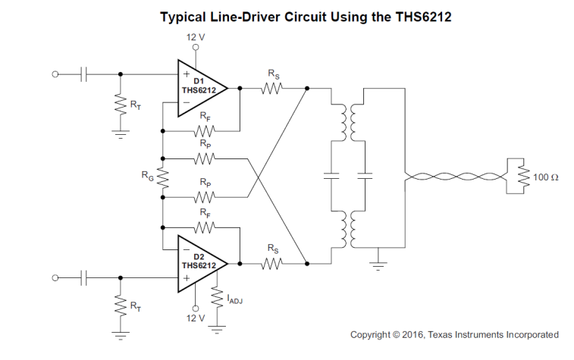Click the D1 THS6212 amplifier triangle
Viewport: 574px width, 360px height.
(202, 88)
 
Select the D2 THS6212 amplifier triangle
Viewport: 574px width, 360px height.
(202, 264)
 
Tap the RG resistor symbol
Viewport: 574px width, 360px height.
(163, 178)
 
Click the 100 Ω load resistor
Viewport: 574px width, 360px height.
(523, 177)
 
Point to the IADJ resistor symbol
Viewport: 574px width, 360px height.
(217, 297)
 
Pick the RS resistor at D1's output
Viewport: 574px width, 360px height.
(271, 88)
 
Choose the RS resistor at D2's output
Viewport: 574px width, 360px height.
(271, 264)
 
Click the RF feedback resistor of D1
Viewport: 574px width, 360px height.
(205, 130)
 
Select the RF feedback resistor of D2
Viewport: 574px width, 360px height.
(205, 227)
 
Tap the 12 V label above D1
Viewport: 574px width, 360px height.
(196, 37)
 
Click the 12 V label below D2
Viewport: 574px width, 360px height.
(196, 318)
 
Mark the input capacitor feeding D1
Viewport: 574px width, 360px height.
(83, 74)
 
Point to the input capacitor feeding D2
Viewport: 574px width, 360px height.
(83, 277)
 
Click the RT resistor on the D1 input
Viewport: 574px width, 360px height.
(121, 104)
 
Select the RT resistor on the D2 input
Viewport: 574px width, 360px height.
(121, 305)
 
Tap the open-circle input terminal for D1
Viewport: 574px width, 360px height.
(55, 74)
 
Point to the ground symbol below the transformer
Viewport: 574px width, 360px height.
(378, 265)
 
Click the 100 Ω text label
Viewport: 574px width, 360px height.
(545, 177)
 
